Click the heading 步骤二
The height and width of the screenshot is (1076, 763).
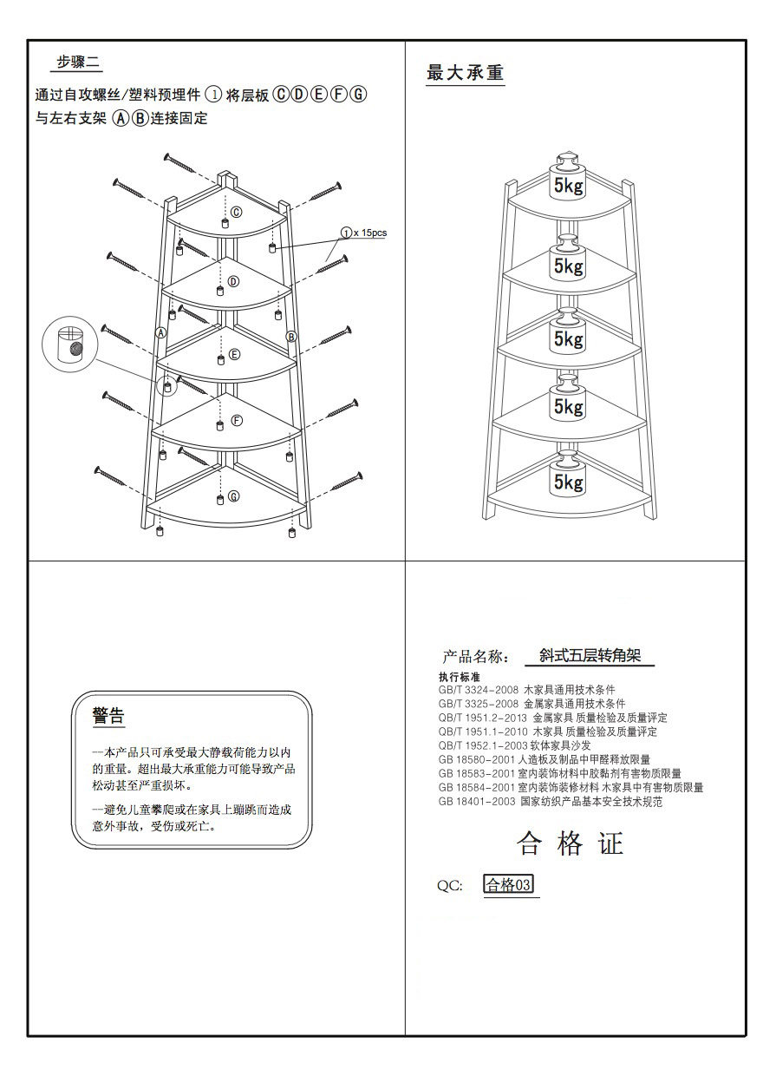[x=79, y=62]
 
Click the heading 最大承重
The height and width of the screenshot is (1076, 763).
[x=466, y=73]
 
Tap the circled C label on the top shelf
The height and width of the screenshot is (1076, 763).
[x=236, y=211]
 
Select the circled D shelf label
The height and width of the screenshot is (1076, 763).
[x=233, y=281]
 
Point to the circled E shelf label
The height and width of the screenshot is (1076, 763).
[x=234, y=354]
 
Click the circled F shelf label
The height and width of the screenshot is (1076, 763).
[x=236, y=421]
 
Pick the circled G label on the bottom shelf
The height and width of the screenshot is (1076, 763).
[x=233, y=497]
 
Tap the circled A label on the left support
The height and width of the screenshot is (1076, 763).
[x=160, y=332]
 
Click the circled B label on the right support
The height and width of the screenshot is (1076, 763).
[x=291, y=336]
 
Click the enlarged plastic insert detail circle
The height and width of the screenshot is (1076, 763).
[x=70, y=343]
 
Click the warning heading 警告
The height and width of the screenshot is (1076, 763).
[x=108, y=717]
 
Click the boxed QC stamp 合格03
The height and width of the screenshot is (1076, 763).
[x=509, y=885]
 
